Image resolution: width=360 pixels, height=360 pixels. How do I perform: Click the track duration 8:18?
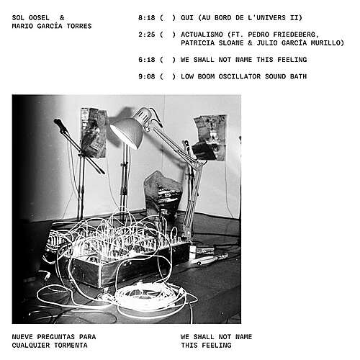pyautogui.click(x=147, y=18)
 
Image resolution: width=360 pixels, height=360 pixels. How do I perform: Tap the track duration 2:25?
pyautogui.click(x=147, y=35)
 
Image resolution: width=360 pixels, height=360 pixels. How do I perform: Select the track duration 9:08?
pyautogui.click(x=147, y=76)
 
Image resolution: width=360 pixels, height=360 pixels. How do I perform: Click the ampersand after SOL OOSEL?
pyautogui.click(x=62, y=18)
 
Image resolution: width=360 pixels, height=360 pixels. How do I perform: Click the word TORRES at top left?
pyautogui.click(x=79, y=26)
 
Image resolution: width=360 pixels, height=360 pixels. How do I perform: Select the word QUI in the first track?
pyautogui.click(x=187, y=18)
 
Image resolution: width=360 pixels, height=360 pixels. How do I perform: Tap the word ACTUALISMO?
pyautogui.click(x=202, y=35)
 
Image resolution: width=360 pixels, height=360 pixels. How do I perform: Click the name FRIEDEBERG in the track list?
pyautogui.click(x=294, y=35)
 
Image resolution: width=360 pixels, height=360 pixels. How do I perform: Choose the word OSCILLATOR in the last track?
pyautogui.click(x=239, y=76)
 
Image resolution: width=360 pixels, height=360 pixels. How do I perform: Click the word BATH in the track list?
pyautogui.click(x=298, y=76)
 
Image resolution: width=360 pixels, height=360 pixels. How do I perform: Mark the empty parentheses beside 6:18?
pyautogui.click(x=168, y=60)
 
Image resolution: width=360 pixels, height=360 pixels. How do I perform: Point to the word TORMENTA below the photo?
pyautogui.click(x=71, y=346)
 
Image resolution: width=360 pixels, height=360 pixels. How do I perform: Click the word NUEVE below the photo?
pyautogui.click(x=22, y=337)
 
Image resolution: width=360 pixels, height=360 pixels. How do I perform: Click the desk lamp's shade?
pyautogui.click(x=127, y=132)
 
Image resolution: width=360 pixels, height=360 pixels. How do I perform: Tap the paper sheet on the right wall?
pyautogui.click(x=210, y=137)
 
